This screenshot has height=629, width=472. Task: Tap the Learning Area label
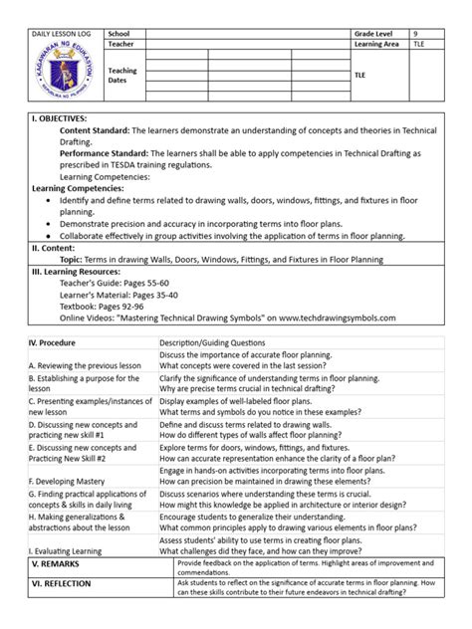coord(377,45)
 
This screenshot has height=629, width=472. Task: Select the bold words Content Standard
coord(94,129)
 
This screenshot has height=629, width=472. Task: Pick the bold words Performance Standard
coord(104,153)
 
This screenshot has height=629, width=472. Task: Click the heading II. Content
coord(55,248)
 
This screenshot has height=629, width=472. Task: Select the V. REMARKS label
coord(62,563)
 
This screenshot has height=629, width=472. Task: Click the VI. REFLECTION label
coord(68,589)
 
